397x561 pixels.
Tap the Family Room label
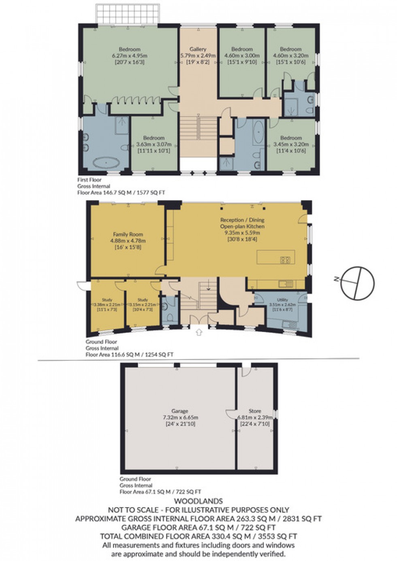(128, 234)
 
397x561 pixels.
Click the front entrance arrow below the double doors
(198, 333)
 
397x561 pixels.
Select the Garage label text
(179, 411)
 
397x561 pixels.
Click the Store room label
(255, 411)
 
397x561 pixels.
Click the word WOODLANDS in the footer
(198, 501)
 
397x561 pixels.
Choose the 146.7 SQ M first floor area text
(121, 193)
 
